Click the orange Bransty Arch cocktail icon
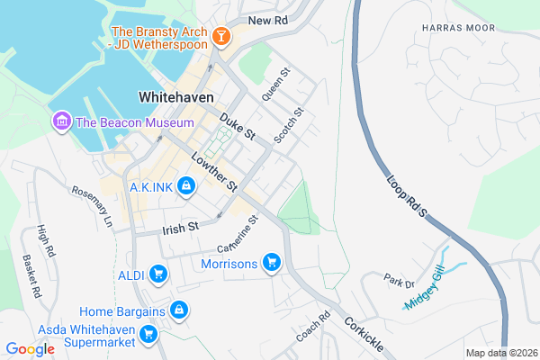pos(221,37)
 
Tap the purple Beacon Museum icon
pos(61,121)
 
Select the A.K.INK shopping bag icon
pos(184,186)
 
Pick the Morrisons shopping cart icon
pos(271,263)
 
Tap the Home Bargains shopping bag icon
pos(179,310)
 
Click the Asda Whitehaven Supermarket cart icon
pos(148,336)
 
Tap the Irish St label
pos(180,229)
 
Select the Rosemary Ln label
pos(94,206)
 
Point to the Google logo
pos(30,348)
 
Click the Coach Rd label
pos(313,329)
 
